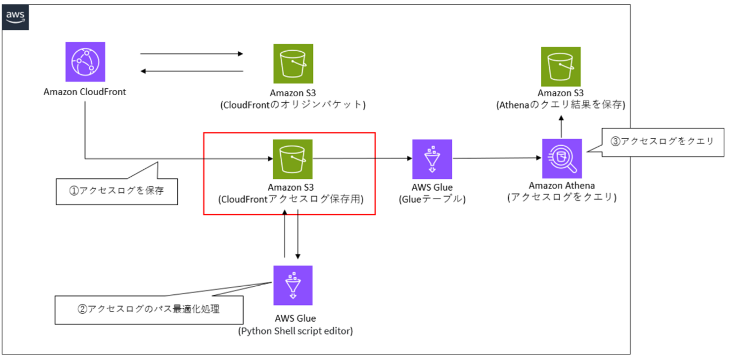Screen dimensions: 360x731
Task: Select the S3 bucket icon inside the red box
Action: pyautogui.click(x=293, y=159)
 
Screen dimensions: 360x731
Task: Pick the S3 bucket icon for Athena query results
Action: pyautogui.click(x=560, y=66)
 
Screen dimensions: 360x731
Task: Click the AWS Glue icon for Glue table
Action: pyautogui.click(x=432, y=159)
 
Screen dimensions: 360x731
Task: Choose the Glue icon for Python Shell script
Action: pyautogui.click(x=293, y=285)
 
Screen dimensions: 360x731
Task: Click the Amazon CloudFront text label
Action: pyautogui.click(x=84, y=92)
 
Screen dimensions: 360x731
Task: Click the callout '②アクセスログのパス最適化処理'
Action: pyautogui.click(x=149, y=309)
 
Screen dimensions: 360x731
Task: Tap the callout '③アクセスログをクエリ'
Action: pyautogui.click(x=661, y=141)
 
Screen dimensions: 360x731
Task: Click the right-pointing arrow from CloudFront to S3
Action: pyautogui.click(x=191, y=54)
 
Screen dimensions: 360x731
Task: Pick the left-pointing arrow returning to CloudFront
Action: pyautogui.click(x=191, y=71)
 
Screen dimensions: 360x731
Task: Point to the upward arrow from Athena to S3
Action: pyautogui.click(x=561, y=127)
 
